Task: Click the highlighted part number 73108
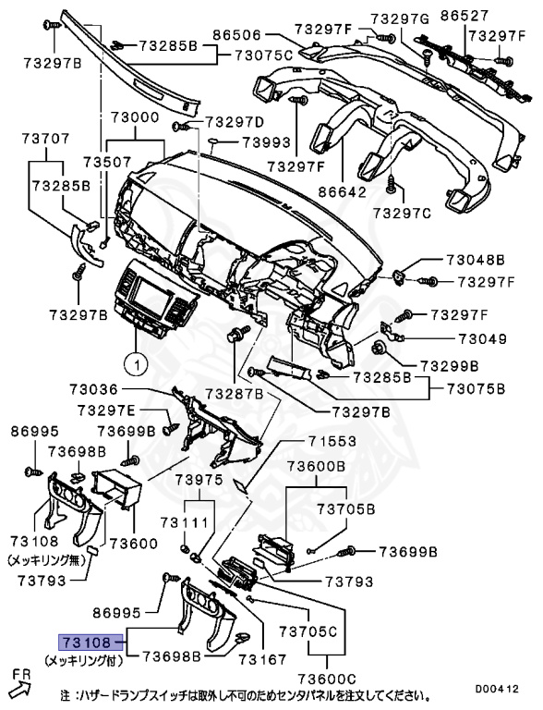pyautogui.click(x=86, y=641)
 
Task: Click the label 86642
pyautogui.click(x=342, y=192)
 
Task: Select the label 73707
pyautogui.click(x=46, y=139)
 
